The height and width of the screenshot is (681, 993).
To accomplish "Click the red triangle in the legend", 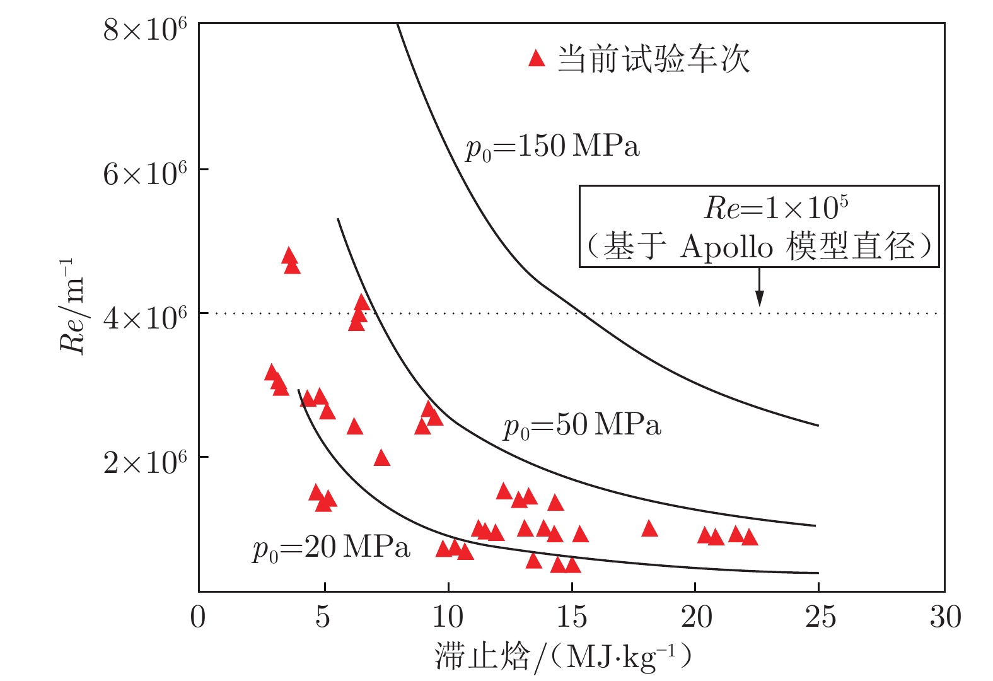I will pos(537,59).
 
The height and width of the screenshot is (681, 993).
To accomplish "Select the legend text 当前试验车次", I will pos(654,60).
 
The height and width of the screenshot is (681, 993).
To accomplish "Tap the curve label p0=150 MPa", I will pos(552,148).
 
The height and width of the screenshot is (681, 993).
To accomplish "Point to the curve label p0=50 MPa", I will pos(582,426).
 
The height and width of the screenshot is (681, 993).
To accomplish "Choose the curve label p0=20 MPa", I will pos(332,547).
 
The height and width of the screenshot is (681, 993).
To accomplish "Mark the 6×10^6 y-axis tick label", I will pos(145,173).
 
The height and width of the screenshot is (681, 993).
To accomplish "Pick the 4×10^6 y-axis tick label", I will pos(145,317).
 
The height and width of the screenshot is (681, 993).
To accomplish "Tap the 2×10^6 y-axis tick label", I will pos(145,462).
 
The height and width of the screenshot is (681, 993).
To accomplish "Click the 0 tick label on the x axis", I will pos(198,617).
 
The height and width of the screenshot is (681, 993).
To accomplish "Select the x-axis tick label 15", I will pos(571,617).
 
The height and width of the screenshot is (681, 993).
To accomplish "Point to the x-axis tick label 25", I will pos(820,617).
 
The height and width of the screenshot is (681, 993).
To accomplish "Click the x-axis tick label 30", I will pos(945,617).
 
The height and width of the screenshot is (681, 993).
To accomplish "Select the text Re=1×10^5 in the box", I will pos(775,207).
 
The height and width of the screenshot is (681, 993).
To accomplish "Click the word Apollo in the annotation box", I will pos(726,247).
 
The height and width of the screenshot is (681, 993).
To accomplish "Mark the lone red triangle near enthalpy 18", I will pos(649,529).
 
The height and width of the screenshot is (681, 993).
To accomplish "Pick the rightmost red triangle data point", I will pos(749,537).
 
